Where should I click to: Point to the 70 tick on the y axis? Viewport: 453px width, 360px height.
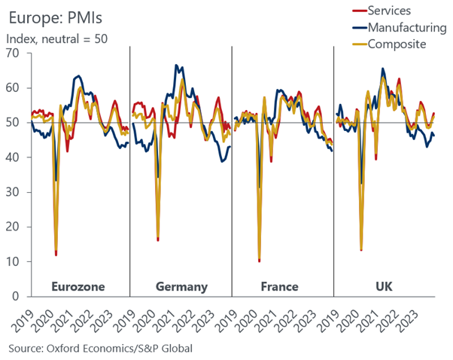click(x=14, y=53)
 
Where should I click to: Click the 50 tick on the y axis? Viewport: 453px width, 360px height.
click(x=14, y=123)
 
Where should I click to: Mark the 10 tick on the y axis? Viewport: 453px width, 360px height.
click(x=14, y=262)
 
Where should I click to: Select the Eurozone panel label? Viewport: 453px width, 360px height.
click(x=78, y=286)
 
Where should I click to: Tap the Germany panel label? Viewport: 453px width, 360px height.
click(x=181, y=286)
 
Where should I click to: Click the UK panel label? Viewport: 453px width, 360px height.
click(x=383, y=286)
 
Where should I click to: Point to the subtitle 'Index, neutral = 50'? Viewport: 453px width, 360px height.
click(x=57, y=38)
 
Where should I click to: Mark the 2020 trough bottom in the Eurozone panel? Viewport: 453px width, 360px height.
click(x=56, y=254)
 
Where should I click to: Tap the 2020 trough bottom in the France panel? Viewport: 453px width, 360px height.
click(x=259, y=261)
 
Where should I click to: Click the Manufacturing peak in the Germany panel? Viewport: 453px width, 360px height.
click(x=175, y=66)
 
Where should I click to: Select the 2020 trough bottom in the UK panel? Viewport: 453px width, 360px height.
click(x=361, y=249)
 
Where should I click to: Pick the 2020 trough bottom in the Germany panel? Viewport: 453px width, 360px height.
click(x=158, y=239)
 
